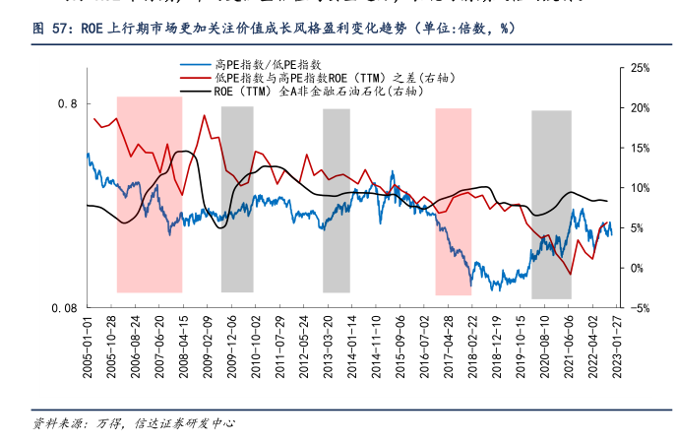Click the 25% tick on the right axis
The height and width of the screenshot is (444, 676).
click(638, 67)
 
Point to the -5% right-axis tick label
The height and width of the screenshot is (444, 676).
click(638, 308)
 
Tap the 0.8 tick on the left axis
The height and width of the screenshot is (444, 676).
click(68, 103)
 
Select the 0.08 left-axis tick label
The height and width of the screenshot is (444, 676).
click(64, 308)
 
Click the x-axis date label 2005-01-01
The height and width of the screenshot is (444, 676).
click(88, 344)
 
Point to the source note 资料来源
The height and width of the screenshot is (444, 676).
click(133, 424)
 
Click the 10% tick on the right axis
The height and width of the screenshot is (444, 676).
click(638, 187)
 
